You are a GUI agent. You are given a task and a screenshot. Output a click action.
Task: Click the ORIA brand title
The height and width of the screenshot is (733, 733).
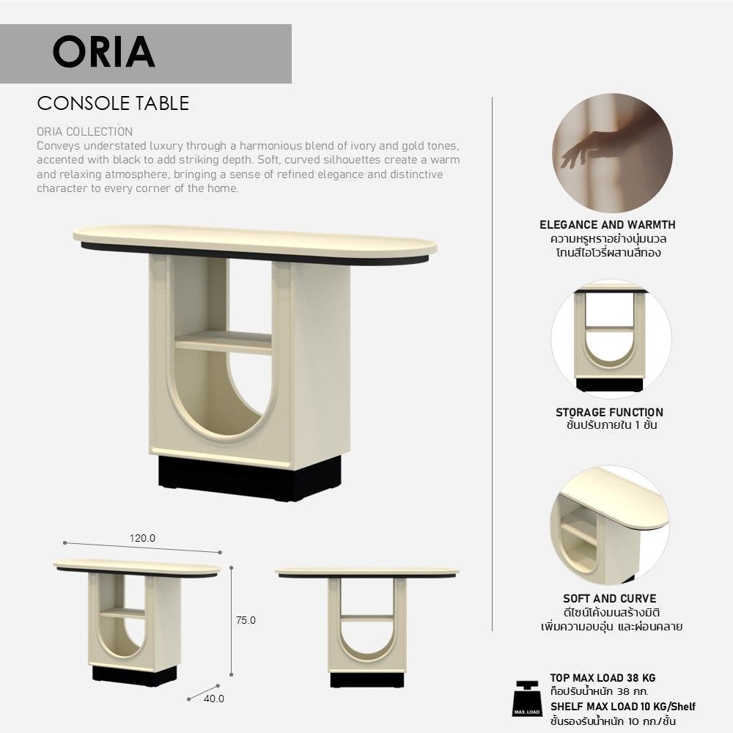tap(104, 52)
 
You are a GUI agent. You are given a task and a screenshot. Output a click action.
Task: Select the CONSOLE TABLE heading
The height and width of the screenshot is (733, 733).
tap(113, 103)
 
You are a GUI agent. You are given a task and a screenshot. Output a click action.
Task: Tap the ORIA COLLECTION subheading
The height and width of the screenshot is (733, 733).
tap(84, 131)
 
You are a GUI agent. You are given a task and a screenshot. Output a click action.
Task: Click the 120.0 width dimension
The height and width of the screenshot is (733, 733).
tap(143, 538)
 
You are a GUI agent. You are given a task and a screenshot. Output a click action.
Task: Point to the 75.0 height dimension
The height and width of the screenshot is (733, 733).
tap(246, 620)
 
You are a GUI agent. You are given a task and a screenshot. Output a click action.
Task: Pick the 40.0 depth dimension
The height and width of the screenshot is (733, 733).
tap(214, 699)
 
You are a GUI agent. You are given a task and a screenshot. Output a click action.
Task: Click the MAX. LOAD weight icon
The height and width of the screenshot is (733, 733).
tap(527, 699)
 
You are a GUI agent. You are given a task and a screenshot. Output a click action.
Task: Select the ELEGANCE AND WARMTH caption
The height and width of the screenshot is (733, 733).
tap(607, 225)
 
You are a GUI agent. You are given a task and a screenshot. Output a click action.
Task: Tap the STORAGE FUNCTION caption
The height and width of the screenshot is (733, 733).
tap(609, 412)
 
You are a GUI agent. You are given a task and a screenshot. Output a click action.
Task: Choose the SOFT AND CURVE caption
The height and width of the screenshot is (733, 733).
tap(610, 598)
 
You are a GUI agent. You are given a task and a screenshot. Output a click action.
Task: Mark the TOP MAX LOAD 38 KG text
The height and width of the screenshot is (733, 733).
tap(603, 678)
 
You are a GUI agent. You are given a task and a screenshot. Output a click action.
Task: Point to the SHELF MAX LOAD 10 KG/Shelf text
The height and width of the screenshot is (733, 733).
tap(622, 707)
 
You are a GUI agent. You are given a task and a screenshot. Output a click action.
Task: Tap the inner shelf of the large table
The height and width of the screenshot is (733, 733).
tap(224, 342)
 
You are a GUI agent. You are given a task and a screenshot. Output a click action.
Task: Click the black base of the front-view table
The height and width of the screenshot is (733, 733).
tap(367, 679)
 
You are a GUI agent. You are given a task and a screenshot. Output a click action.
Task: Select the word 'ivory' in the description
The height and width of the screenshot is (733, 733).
tap(364, 146)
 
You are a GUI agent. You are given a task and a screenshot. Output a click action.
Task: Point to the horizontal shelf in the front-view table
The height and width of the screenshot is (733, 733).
tap(367, 617)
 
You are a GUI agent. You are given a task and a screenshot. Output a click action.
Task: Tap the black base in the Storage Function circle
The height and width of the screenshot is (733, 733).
tap(609, 385)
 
